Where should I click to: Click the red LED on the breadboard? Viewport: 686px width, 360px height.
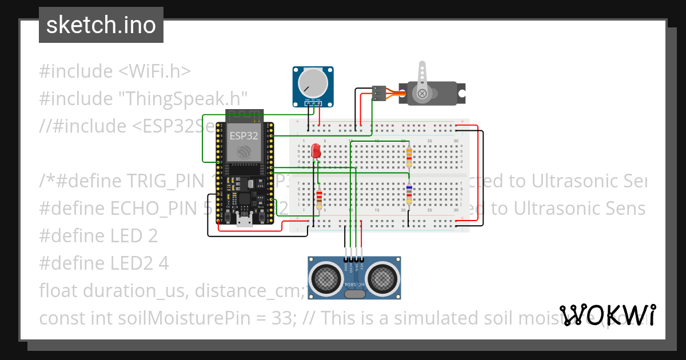point(315,151)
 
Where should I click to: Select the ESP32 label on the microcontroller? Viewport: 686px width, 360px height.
point(244,136)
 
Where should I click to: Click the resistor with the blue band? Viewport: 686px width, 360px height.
point(409,194)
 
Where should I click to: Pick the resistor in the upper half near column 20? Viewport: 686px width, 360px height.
point(408,155)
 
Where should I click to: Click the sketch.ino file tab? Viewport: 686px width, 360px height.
point(101,25)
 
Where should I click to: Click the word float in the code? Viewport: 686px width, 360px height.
point(59,291)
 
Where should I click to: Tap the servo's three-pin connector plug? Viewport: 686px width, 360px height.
point(379,93)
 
